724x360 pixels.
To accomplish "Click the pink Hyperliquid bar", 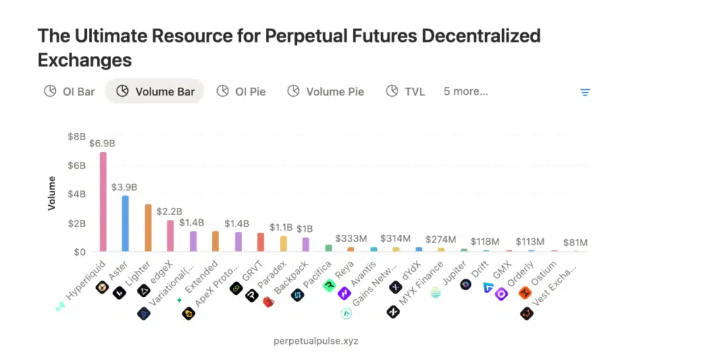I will (x=103, y=202).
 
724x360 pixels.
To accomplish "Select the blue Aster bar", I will (x=125, y=223).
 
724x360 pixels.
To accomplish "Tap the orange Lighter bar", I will (x=148, y=228).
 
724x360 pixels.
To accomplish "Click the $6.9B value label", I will (x=103, y=144).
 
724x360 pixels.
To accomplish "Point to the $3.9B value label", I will (x=124, y=187).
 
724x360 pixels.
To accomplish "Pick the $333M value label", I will (x=351, y=238).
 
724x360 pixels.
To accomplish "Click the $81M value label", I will (x=576, y=243).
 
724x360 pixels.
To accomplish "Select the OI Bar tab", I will (x=69, y=91).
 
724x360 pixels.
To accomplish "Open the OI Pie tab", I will (x=241, y=91).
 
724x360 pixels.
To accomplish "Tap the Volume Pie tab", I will (x=326, y=91).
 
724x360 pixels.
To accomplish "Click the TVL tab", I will (x=406, y=91).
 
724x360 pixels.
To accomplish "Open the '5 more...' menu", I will (x=465, y=91).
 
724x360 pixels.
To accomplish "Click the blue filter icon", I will (x=585, y=92).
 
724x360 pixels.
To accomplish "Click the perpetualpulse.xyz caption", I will (x=316, y=341).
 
